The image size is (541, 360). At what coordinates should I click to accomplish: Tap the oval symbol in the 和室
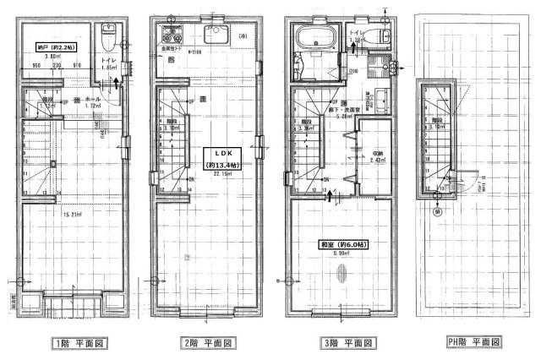[342, 272]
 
